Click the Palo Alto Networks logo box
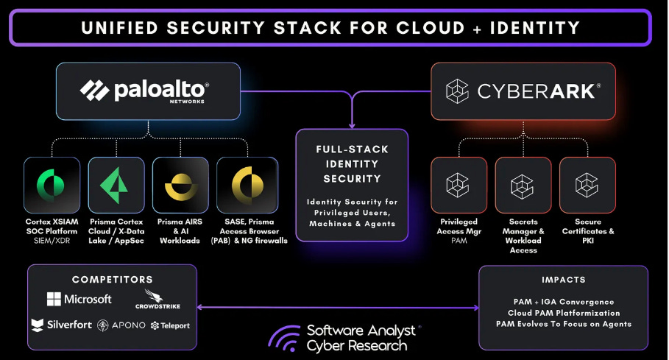pos(148,91)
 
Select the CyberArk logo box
pos(523,91)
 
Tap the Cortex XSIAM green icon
pos(52,185)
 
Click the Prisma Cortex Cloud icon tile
pos(116,185)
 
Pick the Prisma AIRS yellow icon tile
pos(180,185)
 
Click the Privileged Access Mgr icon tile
pos(459,185)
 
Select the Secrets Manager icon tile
pos(523,185)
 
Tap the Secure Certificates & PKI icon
pos(587,185)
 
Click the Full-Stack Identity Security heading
pos(352,163)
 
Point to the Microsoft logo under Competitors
pos(79,299)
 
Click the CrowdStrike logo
pos(157,301)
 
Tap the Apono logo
pos(122,325)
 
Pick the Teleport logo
pos(170,325)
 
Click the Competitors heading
pos(112,280)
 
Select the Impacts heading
pos(563,280)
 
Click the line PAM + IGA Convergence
pos(563,302)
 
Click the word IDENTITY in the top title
pos(528,28)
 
